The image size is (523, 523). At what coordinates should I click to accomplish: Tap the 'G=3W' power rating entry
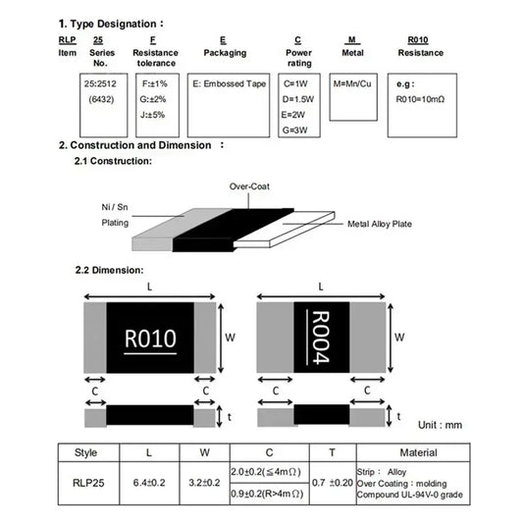[x=295, y=130]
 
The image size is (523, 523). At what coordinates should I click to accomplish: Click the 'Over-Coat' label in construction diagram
[x=248, y=185]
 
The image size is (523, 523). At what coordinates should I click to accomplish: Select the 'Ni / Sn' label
[x=115, y=208]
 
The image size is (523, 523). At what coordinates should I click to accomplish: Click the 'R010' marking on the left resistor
[x=150, y=339]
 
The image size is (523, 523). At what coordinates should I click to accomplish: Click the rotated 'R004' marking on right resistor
[x=321, y=338]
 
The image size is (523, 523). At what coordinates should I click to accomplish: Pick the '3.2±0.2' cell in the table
[x=205, y=482]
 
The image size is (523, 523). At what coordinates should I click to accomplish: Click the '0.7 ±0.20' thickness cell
[x=332, y=482]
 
